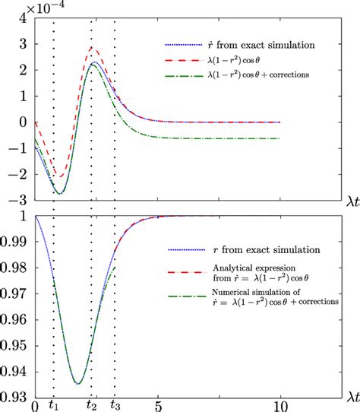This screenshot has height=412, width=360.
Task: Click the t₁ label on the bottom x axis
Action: [x=52, y=405]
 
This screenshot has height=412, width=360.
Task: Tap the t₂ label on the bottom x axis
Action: [x=91, y=405]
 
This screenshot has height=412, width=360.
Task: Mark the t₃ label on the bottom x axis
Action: [x=115, y=405]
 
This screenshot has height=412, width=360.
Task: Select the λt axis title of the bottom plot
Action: [x=349, y=397]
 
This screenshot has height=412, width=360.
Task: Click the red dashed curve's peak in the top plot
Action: [x=92, y=48]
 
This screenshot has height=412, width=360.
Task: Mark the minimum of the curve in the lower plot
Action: [x=77, y=383]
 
